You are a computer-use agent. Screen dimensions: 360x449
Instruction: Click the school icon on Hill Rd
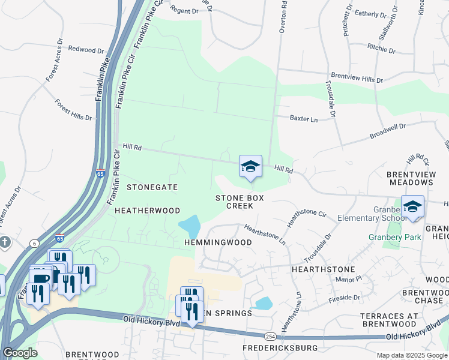coord(250,166)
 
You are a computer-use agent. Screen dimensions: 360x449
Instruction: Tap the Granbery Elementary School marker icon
coord(412,207)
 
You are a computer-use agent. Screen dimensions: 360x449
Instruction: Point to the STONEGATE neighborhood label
coord(152,187)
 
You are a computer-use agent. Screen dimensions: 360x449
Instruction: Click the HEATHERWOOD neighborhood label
coord(147,211)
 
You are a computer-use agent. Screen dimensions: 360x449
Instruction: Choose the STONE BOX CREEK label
coord(240,201)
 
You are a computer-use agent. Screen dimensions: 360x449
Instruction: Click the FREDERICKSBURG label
coord(279,348)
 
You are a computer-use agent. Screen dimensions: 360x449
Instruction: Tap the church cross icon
coord(4,242)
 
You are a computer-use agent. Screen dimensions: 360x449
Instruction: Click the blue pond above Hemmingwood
coord(190,226)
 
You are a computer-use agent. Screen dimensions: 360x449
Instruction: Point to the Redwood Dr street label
coord(86,49)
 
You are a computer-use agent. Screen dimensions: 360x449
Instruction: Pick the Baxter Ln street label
coord(303,119)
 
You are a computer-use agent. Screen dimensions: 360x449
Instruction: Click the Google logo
coord(20,353)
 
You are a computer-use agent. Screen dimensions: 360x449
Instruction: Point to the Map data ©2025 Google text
coord(411,355)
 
